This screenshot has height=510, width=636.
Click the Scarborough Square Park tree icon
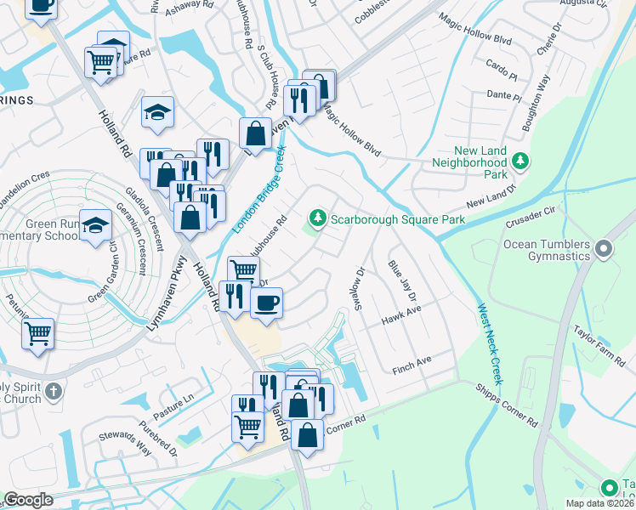tap(318, 218)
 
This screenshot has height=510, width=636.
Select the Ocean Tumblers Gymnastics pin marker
tap(604, 249)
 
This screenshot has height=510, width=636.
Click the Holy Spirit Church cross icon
tap(54, 392)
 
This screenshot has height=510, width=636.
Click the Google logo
tap(28, 500)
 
